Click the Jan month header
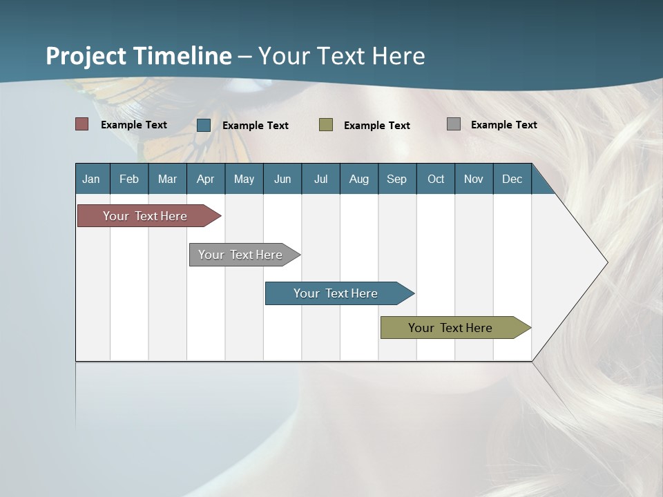pyautogui.click(x=91, y=179)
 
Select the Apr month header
pyautogui.click(x=205, y=179)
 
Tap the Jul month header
pyautogui.click(x=320, y=179)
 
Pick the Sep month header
pyautogui.click(x=396, y=179)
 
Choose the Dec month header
pyautogui.click(x=512, y=179)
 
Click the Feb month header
pyautogui.click(x=129, y=179)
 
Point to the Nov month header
pyautogui.click(x=473, y=179)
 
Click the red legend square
pyautogui.click(x=82, y=124)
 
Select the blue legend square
pyautogui.click(x=204, y=125)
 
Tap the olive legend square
pyautogui.click(x=326, y=125)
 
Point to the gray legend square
pyautogui.click(x=454, y=124)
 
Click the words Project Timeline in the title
pyautogui.click(x=138, y=56)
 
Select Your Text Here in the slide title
pyautogui.click(x=342, y=56)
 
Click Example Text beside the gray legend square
pyautogui.click(x=503, y=125)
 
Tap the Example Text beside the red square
pyautogui.click(x=134, y=125)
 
